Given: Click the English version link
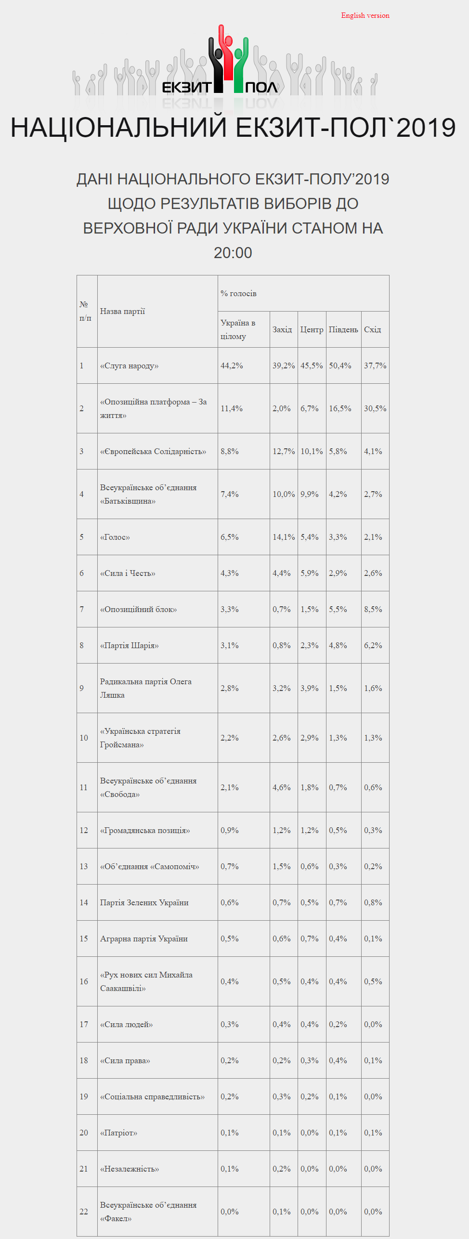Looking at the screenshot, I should (365, 15).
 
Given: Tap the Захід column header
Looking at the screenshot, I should (282, 329).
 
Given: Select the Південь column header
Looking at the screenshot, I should (343, 329).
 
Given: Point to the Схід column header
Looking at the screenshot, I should (372, 329).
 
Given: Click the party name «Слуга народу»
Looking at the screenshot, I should (129, 365).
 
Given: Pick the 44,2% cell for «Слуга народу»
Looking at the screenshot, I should (232, 365).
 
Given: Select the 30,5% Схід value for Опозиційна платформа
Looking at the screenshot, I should (375, 408).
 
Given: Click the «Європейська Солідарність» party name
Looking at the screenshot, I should (153, 451).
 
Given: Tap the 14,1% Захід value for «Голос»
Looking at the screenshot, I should (284, 537).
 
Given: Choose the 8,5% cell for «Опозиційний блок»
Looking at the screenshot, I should (373, 609).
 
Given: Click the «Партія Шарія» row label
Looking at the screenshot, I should (129, 645).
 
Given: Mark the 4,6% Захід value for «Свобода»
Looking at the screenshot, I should (282, 787).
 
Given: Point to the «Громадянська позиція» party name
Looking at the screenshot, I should (145, 830).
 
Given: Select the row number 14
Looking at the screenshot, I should (84, 902).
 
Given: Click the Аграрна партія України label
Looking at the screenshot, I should (144, 939).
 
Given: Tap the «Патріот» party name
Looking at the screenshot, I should (118, 1133).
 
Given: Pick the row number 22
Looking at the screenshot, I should (84, 1212).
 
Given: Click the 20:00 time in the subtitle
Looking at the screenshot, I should (233, 253).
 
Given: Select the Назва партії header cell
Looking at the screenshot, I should (122, 311).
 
